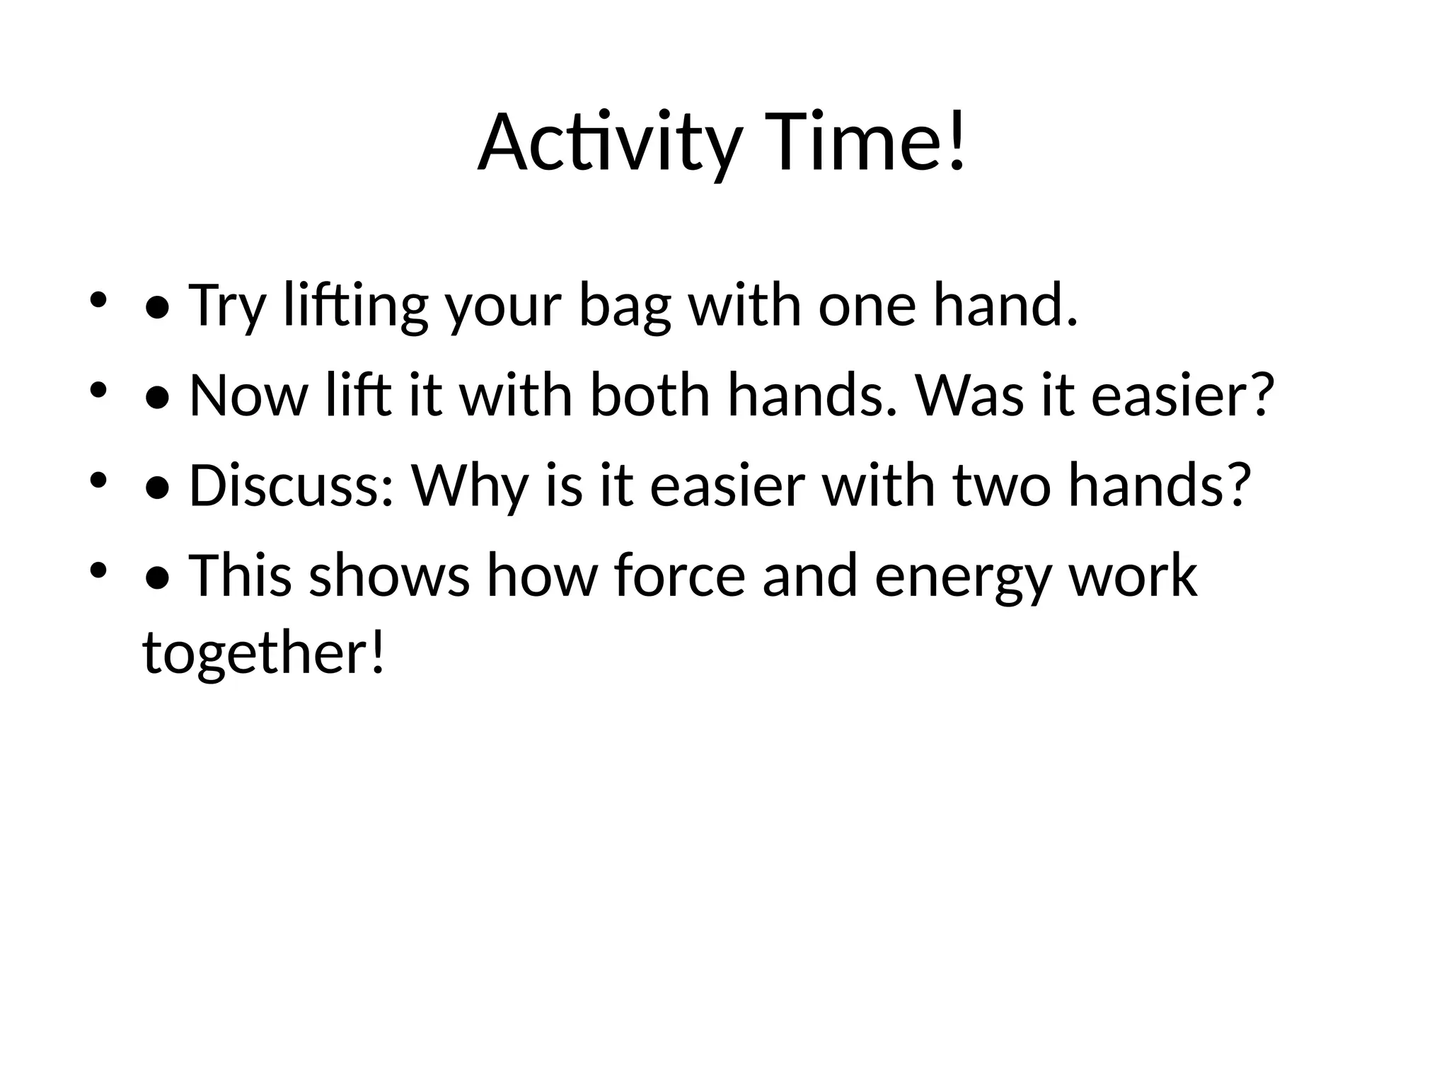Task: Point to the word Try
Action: coord(227,306)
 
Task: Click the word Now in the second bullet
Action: coord(248,396)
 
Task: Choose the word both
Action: coord(650,396)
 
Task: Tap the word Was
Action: coord(970,396)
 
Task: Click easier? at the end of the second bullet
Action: coord(1182,396)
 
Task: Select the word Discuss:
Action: coord(291,486)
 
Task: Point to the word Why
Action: coord(470,486)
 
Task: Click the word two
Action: coord(1001,486)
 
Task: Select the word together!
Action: coord(264,652)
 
